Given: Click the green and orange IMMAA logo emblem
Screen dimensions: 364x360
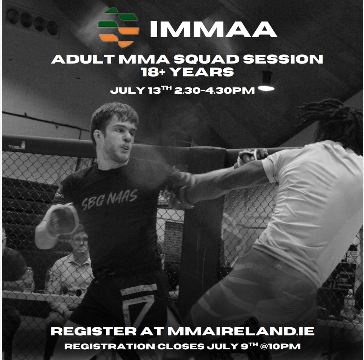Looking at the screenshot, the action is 119,28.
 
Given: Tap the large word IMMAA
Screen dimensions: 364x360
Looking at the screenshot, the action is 213,29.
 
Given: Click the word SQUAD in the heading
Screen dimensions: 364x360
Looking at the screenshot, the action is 206,59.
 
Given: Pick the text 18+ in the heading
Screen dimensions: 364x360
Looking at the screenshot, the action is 153,72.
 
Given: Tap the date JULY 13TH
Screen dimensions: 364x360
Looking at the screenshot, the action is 141,90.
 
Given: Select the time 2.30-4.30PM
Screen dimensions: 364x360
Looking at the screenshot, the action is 215,90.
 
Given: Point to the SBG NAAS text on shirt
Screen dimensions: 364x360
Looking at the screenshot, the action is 109,199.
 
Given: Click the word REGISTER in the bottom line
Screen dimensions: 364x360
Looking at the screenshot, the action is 94,331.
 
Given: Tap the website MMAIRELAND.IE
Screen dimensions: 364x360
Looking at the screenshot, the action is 241,331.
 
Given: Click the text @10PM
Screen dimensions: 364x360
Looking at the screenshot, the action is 280,346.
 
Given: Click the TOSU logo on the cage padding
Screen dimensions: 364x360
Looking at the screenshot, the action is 17,146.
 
